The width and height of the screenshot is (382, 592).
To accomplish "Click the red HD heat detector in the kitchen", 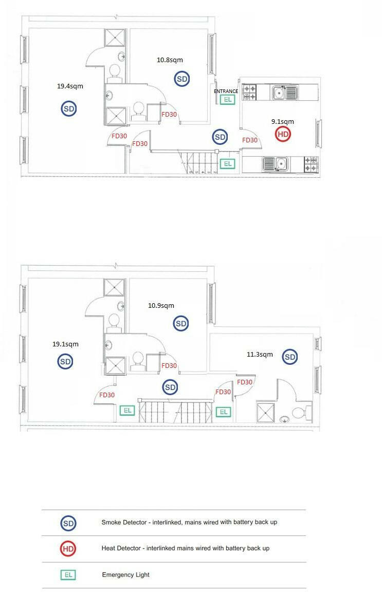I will pyautogui.click(x=283, y=135).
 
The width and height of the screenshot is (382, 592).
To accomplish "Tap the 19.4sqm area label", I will pyautogui.click(x=70, y=86).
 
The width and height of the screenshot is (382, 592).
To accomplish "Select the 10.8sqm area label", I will pyautogui.click(x=170, y=60).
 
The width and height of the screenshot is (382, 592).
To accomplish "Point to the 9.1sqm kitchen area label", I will pyautogui.click(x=283, y=122).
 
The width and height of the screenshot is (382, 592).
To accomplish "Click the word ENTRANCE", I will pyautogui.click(x=226, y=91).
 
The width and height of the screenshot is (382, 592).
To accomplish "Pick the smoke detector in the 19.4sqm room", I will pyautogui.click(x=69, y=108).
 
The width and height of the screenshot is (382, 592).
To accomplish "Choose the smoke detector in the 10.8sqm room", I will pyautogui.click(x=182, y=79).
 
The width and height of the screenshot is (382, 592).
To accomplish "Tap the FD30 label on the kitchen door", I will pyautogui.click(x=250, y=140).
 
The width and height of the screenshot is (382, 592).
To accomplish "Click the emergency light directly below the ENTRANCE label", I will pyautogui.click(x=227, y=100).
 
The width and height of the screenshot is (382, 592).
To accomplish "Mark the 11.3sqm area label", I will pyautogui.click(x=260, y=354).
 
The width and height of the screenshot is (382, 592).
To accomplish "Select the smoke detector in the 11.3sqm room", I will pyautogui.click(x=290, y=357).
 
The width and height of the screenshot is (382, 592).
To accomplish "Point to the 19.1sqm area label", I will pyautogui.click(x=65, y=344).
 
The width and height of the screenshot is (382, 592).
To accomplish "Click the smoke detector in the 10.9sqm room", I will pyautogui.click(x=181, y=324).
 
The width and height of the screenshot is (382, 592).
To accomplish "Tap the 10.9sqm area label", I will pyautogui.click(x=161, y=306).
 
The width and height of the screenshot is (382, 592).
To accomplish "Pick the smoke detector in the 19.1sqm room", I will pyautogui.click(x=65, y=362).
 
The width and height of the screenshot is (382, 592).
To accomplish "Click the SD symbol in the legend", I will pyautogui.click(x=68, y=524).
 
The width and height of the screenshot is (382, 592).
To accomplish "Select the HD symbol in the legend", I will pyautogui.click(x=68, y=549).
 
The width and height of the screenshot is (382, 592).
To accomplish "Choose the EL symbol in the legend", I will pyautogui.click(x=68, y=575).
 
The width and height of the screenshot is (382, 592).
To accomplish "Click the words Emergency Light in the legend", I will pyautogui.click(x=125, y=575).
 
